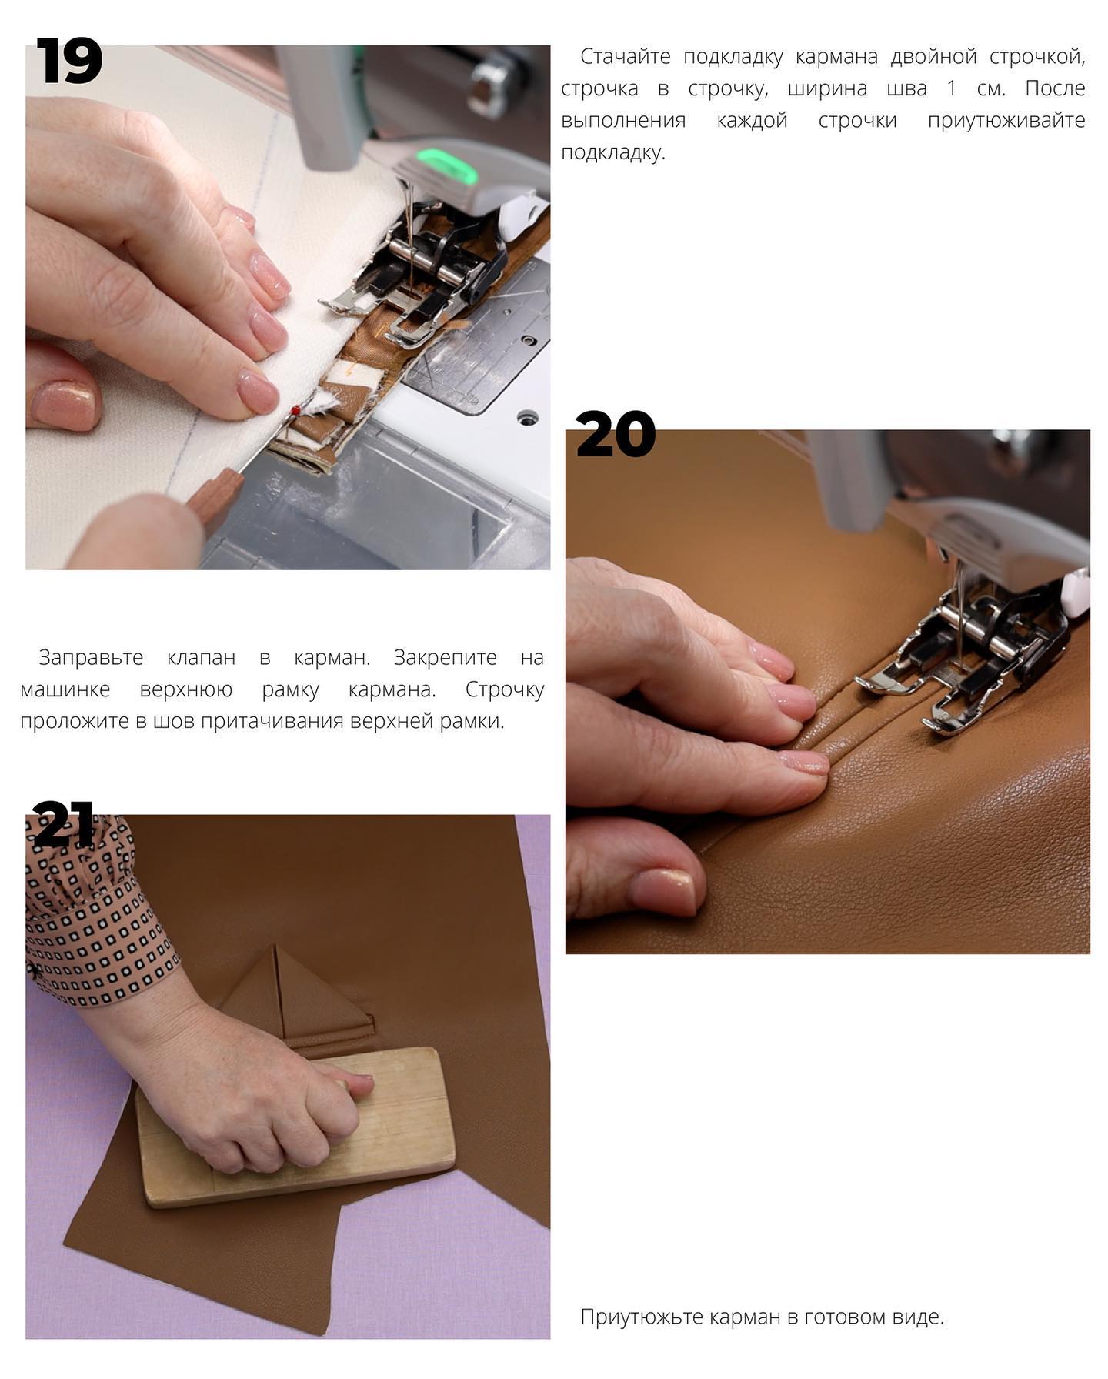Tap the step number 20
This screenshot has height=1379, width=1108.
point(616,434)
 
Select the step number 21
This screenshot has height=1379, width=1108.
point(63,823)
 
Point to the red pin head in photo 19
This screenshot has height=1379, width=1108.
point(295,411)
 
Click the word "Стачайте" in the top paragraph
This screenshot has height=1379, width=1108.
point(625,56)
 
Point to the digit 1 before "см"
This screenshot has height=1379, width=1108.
point(952,88)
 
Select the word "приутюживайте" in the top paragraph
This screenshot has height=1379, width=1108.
point(1006,121)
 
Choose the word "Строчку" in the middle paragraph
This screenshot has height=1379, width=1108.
point(505,690)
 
